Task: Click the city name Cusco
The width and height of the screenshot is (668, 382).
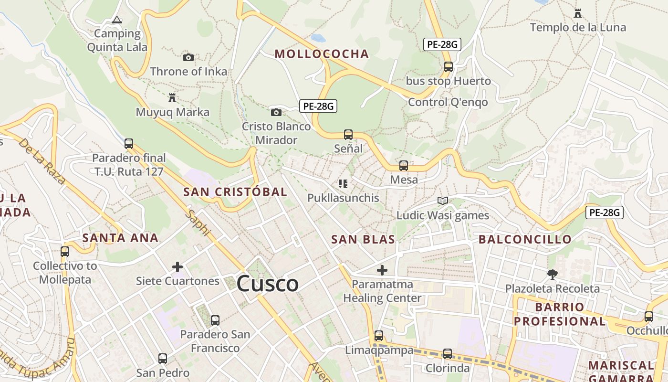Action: pos(268,284)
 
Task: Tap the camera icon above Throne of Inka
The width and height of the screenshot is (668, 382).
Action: pos(188,57)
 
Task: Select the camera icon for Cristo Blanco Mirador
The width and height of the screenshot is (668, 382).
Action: pos(276,112)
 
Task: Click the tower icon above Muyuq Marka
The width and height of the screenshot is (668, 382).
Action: pos(172,98)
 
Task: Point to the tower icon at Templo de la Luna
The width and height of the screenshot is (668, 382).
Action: pos(578,13)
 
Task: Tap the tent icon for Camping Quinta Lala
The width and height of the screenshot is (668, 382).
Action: pos(116,20)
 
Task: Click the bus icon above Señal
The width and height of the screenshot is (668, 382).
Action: pos(348,134)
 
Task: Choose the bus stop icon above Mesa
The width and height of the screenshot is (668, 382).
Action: pos(404,166)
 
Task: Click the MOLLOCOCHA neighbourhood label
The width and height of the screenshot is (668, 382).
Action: pos(322,54)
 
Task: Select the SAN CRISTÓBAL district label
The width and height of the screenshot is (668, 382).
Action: pos(235,192)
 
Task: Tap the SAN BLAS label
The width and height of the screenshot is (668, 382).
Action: pos(363,240)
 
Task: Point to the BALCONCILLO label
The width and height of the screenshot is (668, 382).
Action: pos(525,239)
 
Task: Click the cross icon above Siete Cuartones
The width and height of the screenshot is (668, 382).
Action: pos(177,266)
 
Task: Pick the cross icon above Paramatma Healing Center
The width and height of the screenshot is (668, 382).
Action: pos(382,270)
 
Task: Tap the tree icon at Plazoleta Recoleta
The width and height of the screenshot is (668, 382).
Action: pos(553,274)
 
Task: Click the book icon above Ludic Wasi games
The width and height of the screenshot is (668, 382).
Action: pos(443,201)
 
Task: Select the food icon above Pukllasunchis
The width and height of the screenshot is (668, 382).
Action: pos(343,183)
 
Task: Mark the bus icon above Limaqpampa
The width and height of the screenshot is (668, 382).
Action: pos(379,336)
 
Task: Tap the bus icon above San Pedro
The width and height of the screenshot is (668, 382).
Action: pos(163,358)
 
